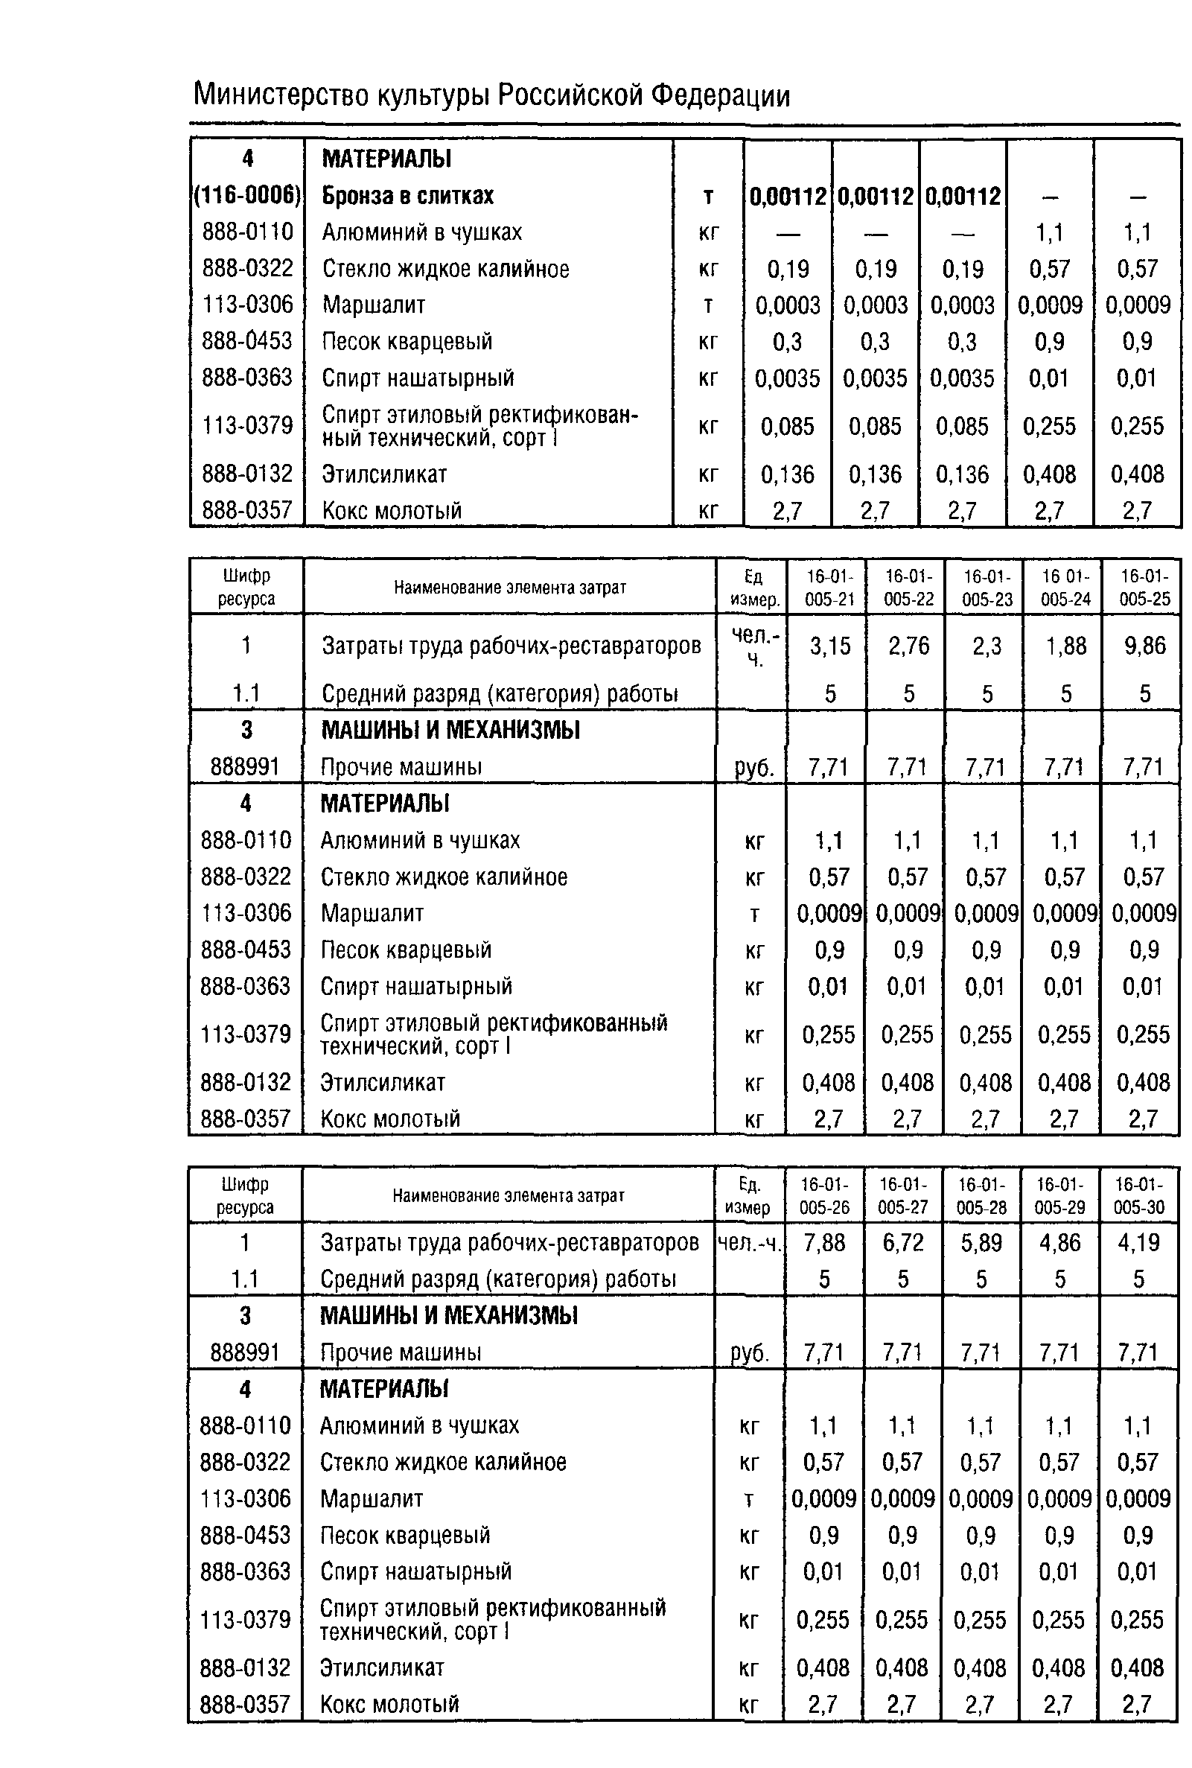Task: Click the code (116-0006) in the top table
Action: pyautogui.click(x=247, y=195)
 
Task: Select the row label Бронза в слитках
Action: pyautogui.click(x=407, y=195)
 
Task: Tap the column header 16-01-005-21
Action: pyautogui.click(x=829, y=587)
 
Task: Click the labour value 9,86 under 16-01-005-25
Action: pyautogui.click(x=1144, y=646)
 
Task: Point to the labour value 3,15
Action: pyautogui.click(x=829, y=646)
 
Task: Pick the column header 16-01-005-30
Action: pyautogui.click(x=1138, y=1195)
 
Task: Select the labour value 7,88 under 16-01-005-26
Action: pyautogui.click(x=824, y=1242)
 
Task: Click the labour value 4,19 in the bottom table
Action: pyautogui.click(x=1138, y=1242)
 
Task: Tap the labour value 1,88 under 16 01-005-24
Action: pyautogui.click(x=1066, y=646)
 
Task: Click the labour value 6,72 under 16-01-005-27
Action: pyautogui.click(x=902, y=1242)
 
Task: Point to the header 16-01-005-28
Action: pyautogui.click(x=981, y=1195)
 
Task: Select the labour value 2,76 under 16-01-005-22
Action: pyautogui.click(x=908, y=646)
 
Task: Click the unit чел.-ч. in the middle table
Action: pyautogui.click(x=754, y=646)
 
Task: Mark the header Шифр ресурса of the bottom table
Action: pyautogui.click(x=245, y=1195)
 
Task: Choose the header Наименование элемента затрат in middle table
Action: pyautogui.click(x=509, y=587)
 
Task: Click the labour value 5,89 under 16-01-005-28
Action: pyautogui.click(x=981, y=1242)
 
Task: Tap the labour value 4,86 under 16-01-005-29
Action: pyautogui.click(x=1059, y=1242)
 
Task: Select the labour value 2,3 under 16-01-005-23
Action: pyautogui.click(x=987, y=646)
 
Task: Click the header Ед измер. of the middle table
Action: pyautogui.click(x=754, y=587)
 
